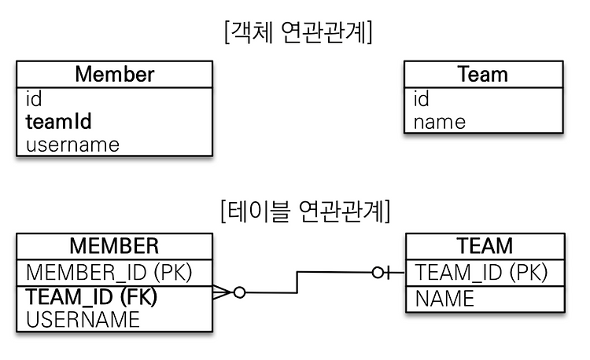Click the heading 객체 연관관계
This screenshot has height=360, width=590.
(298, 32)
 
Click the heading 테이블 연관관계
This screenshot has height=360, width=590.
(305, 211)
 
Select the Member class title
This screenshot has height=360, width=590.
(115, 74)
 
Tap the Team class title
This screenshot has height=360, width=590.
(483, 74)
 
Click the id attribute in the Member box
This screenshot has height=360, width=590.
(34, 99)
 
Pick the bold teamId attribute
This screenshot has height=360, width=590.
(59, 121)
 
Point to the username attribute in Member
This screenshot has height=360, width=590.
(72, 145)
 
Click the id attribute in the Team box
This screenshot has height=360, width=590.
(422, 99)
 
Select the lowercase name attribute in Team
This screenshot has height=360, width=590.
(440, 122)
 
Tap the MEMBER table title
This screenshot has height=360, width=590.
(114, 246)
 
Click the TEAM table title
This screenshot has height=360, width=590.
(485, 246)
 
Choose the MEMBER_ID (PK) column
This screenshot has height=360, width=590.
(109, 273)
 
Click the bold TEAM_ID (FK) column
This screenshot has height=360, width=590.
(91, 296)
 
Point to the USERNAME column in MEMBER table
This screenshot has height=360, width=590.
(83, 319)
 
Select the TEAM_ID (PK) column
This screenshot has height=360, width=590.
(481, 273)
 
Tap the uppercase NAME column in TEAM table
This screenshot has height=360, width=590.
(444, 299)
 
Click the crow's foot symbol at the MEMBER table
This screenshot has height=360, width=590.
(223, 292)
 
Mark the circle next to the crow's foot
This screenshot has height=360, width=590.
(239, 292)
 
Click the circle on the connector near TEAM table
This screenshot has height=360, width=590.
(378, 273)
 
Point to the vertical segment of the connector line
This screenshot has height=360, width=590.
(297, 282)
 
